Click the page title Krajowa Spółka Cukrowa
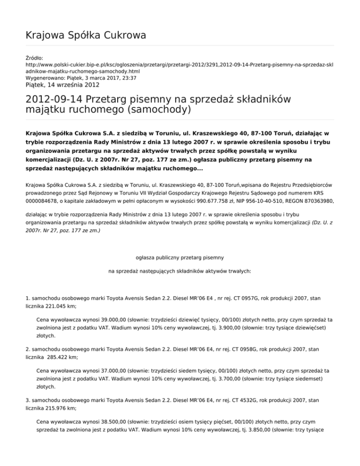[x=86, y=35]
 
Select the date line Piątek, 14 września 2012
[x=62, y=85]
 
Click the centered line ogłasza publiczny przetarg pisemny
[x=180, y=257]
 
